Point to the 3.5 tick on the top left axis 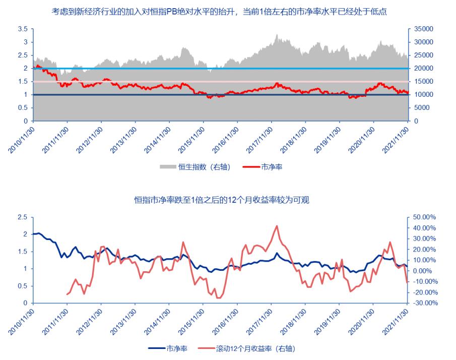tap(23, 29)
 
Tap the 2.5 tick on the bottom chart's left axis tap(23, 217)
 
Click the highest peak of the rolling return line tap(277, 226)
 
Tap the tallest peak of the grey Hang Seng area tap(277, 35)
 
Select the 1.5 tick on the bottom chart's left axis tap(23, 252)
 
